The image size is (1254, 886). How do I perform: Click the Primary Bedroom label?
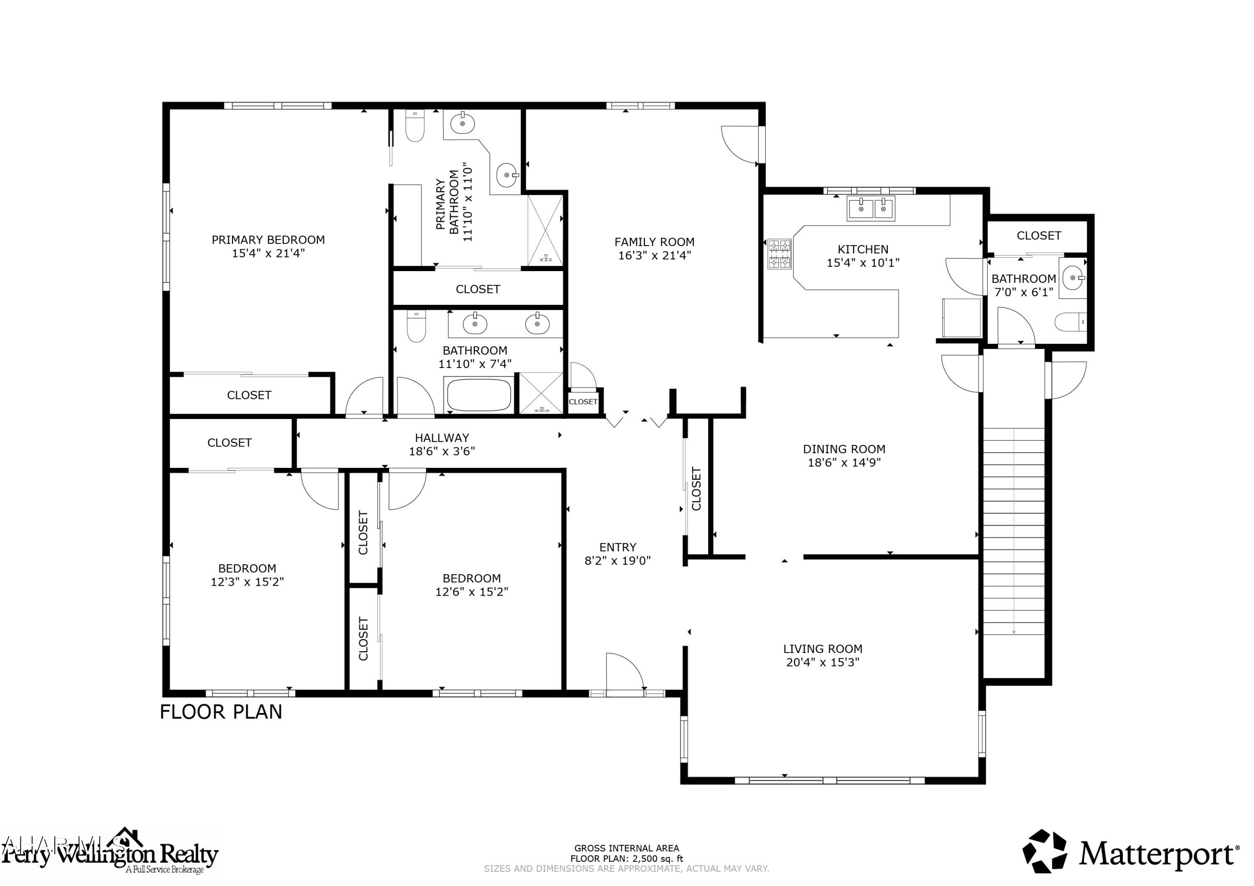pyautogui.click(x=268, y=240)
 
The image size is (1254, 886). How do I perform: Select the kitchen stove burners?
pyautogui.click(x=780, y=254)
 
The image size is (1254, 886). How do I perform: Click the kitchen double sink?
pyautogui.click(x=871, y=208)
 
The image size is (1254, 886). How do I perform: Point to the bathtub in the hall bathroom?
pyautogui.click(x=479, y=395)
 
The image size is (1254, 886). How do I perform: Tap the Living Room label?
pyautogui.click(x=823, y=649)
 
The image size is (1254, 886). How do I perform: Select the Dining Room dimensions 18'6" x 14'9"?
pyautogui.click(x=844, y=462)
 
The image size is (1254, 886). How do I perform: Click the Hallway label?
pyautogui.click(x=442, y=438)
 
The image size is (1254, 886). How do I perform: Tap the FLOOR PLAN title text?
pyautogui.click(x=221, y=712)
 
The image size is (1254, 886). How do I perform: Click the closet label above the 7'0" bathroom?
pyautogui.click(x=1038, y=236)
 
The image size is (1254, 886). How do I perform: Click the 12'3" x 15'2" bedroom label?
pyautogui.click(x=247, y=575)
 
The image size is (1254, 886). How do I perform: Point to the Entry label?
pyautogui.click(x=618, y=547)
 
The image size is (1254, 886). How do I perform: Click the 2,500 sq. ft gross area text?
pyautogui.click(x=627, y=859)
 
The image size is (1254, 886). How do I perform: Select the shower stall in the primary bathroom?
pyautogui.click(x=545, y=230)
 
